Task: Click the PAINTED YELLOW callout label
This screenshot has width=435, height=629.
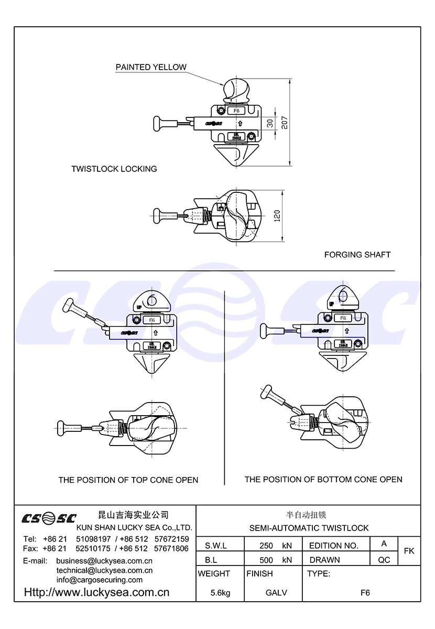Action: pyautogui.click(x=151, y=67)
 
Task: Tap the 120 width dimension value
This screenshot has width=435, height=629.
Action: pyautogui.click(x=277, y=215)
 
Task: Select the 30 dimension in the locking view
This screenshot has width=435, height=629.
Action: pyautogui.click(x=269, y=124)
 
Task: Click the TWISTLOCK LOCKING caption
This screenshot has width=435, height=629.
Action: pyautogui.click(x=114, y=169)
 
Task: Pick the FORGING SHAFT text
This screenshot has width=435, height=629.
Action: pyautogui.click(x=357, y=255)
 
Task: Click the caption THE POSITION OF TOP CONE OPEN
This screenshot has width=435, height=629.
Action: pyautogui.click(x=128, y=480)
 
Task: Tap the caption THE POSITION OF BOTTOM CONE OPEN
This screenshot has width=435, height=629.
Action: pyautogui.click(x=323, y=479)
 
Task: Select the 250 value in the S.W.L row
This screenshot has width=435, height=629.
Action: pyautogui.click(x=266, y=546)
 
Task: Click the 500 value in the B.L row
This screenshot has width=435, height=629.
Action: pyautogui.click(x=266, y=560)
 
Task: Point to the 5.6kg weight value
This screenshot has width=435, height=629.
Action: pyautogui.click(x=220, y=593)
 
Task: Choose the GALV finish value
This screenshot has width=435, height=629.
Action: pyautogui.click(x=276, y=593)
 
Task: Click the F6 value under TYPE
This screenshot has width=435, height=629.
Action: pyautogui.click(x=365, y=593)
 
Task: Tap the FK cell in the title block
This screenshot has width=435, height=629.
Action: pyautogui.click(x=409, y=551)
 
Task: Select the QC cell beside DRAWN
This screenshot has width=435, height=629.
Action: pyautogui.click(x=384, y=560)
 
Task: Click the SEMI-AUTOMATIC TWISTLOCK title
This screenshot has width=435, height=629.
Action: pyautogui.click(x=309, y=528)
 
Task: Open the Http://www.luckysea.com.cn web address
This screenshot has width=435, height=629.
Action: pyautogui.click(x=97, y=593)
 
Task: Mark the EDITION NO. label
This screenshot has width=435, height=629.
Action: pyautogui.click(x=334, y=546)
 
